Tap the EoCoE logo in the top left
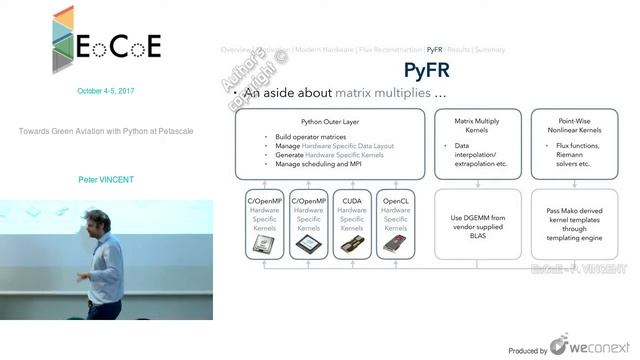tap(105, 44)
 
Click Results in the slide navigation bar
tap(459, 49)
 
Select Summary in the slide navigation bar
tap(490, 49)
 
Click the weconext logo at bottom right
tap(594, 348)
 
